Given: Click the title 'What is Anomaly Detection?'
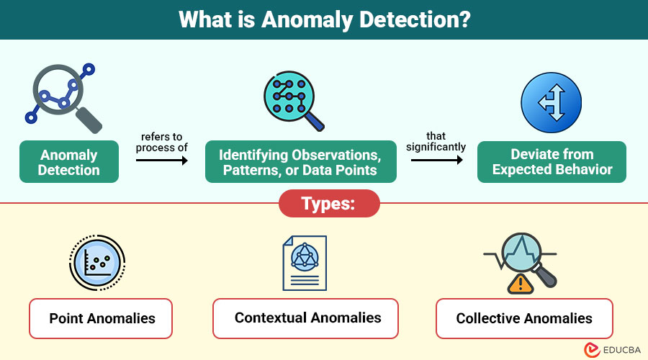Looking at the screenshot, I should point(324,19).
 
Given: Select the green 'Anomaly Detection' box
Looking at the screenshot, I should point(69,162).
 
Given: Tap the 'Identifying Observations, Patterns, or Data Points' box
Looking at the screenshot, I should point(299,162).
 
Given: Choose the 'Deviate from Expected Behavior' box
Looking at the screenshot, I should point(552,162).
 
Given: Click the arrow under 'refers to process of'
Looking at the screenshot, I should point(161,161).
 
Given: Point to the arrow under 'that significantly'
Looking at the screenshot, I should point(437,161).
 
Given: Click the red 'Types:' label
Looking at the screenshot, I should point(328,203).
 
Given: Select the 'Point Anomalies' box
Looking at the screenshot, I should point(101,318).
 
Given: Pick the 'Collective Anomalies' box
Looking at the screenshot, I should point(524,318).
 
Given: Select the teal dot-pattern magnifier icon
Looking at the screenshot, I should point(292,101).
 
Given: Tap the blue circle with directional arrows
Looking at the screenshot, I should point(551,101).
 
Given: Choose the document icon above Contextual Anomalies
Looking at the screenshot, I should point(305,263).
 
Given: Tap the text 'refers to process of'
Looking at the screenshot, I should point(161,141).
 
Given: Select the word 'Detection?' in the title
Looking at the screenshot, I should point(417,19).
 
